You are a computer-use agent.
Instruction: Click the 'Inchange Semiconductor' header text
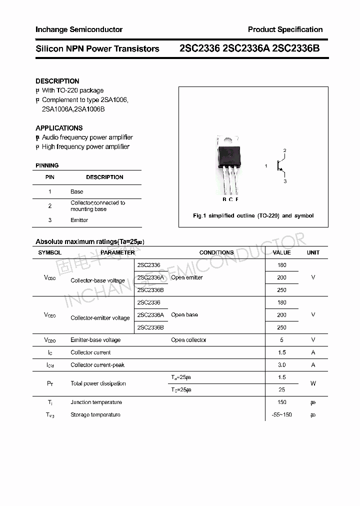click(79, 29)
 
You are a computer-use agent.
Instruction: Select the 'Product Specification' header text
click(285, 29)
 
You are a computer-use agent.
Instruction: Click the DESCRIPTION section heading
click(57, 81)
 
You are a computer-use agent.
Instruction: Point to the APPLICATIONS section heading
click(59, 128)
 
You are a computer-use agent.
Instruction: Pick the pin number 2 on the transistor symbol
click(284, 150)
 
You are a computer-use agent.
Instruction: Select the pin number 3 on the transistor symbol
click(285, 181)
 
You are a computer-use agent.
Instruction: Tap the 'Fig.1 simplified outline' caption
click(253, 215)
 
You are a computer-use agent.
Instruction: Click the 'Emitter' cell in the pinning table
click(79, 220)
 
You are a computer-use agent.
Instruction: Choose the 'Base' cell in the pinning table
click(77, 191)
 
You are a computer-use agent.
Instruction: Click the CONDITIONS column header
click(216, 252)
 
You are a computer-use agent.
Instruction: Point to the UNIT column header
click(313, 252)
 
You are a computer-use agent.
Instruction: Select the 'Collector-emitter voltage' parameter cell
click(100, 318)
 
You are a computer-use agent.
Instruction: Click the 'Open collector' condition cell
click(188, 340)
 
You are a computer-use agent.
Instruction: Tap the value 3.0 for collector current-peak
click(282, 365)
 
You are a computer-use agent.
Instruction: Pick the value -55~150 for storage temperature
click(282, 415)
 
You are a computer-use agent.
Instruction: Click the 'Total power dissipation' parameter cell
click(98, 383)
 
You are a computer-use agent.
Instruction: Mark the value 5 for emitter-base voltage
click(282, 340)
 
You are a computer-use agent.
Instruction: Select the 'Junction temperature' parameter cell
click(96, 402)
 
